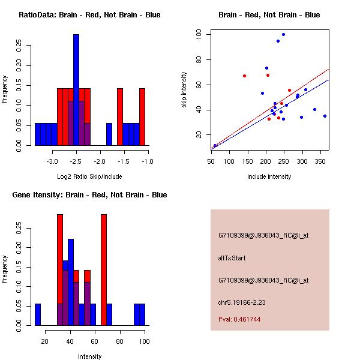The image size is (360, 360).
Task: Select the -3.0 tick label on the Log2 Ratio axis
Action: [52, 161]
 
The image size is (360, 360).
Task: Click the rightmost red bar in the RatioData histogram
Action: [142, 116]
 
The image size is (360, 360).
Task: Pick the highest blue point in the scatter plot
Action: [283, 35]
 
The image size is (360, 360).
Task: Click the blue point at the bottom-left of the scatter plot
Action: [215, 145]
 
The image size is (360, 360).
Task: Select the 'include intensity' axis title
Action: [269, 176]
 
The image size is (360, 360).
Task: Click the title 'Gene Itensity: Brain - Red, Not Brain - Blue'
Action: [89, 194]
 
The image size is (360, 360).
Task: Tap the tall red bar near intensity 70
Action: [104, 269]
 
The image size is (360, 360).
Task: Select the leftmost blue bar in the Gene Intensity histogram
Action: [38, 314]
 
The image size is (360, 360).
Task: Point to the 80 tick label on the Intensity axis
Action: [120, 341]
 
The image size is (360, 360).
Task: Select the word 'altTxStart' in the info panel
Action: [232, 258]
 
